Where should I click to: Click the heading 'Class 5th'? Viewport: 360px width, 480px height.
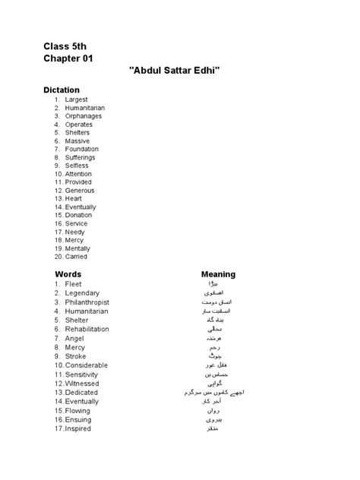coord(65,46)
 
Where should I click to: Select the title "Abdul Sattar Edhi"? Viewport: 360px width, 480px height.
coord(180,71)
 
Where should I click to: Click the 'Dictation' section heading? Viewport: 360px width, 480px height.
coord(61,90)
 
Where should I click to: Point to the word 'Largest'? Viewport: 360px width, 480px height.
coord(76,99)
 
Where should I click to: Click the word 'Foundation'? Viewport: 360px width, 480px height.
coord(81,149)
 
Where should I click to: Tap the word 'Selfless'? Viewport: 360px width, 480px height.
coord(77,166)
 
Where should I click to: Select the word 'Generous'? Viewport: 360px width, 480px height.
coord(80,191)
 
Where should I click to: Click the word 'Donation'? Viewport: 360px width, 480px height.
coord(79,215)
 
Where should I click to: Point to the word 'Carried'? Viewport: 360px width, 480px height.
coord(77,257)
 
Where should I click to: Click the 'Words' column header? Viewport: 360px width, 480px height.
coord(68,274)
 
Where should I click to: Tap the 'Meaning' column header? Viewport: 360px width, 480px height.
coord(218,274)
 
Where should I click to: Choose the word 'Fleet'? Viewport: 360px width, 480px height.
coord(74,283)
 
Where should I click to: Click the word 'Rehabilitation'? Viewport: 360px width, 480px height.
coord(87,329)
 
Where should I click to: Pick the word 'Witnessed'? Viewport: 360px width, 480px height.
coord(82,384)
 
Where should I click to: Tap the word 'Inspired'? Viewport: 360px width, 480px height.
coord(78,429)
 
